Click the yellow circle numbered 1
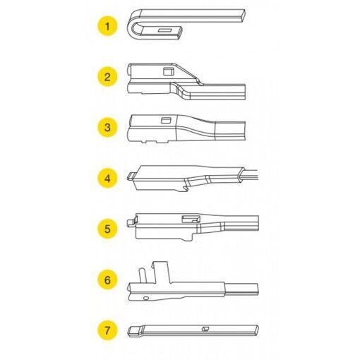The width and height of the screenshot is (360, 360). pos(107,28)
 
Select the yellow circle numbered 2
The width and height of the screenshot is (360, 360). pos(107,77)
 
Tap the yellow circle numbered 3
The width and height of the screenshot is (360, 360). pos(107,127)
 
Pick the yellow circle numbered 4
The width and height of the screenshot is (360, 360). pos(107,178)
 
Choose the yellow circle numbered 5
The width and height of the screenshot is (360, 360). pos(107,228)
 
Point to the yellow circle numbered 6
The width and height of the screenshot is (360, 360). pos(107,279)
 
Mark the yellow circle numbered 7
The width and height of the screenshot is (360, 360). pos(107,330)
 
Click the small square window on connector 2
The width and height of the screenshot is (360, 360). pos(167,71)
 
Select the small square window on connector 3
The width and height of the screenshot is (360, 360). pos(167,120)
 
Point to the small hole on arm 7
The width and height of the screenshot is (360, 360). pos(204,328)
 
